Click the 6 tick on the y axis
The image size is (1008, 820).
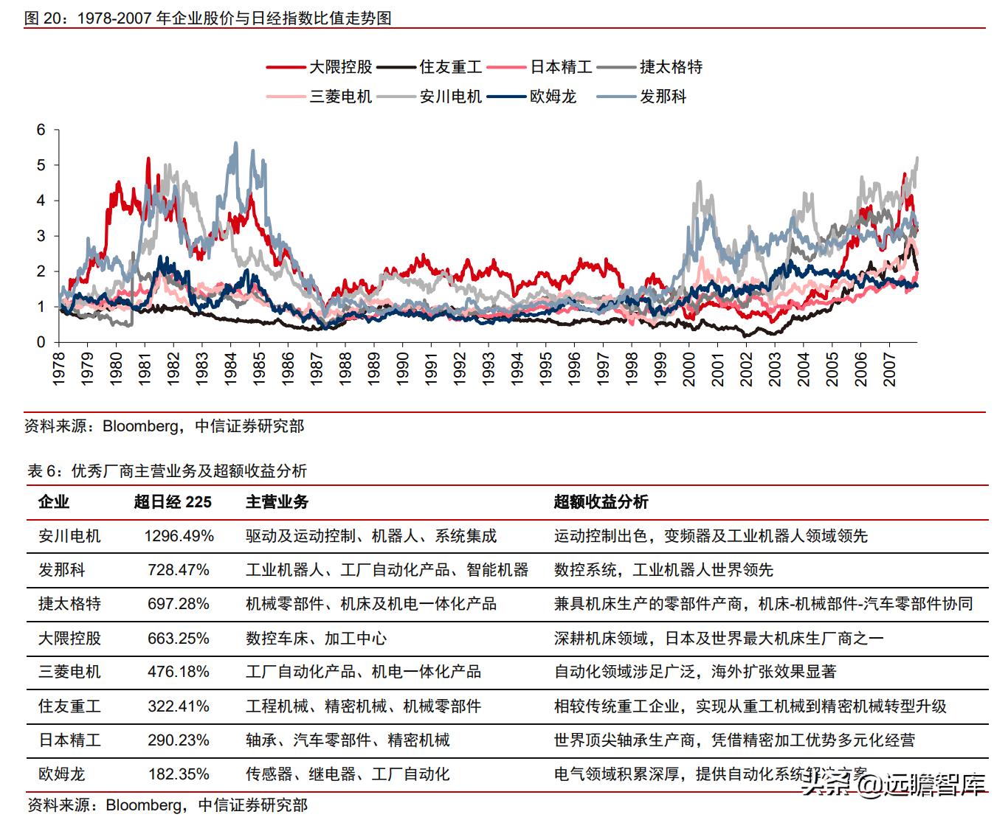coord(41,131)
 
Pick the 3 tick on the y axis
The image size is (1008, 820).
coord(41,236)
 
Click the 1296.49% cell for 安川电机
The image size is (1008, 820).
coord(179,536)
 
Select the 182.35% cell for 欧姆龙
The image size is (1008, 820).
coord(179,774)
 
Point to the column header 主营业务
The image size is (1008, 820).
coord(277,502)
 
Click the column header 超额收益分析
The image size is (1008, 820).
coord(601,502)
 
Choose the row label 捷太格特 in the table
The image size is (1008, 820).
coord(69,604)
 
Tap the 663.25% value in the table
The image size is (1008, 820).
coord(179,638)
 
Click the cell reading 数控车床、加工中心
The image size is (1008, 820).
coord(316,638)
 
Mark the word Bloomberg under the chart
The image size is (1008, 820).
coord(140,426)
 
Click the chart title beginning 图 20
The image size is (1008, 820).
coord(208,18)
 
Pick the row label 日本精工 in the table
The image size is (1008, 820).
coord(69,740)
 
